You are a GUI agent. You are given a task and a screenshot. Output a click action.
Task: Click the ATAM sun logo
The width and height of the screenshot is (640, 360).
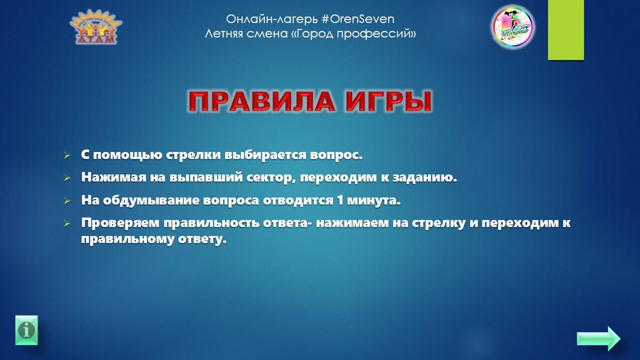point(95,27)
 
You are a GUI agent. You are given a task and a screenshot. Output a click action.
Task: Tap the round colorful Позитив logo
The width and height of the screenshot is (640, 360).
point(513,27)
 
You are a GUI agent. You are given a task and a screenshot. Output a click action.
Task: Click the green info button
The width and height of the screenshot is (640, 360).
point(27,330)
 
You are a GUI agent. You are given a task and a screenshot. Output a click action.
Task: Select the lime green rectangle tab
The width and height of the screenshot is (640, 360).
point(566,30)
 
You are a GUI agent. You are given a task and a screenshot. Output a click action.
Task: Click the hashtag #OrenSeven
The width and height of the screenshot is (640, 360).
point(358,19)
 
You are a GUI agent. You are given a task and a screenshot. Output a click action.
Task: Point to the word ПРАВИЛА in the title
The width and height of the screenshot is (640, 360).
point(261,101)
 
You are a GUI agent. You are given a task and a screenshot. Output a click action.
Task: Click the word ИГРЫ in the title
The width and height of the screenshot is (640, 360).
point(388,101)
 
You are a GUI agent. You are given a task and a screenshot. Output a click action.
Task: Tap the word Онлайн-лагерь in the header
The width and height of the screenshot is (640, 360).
point(271,20)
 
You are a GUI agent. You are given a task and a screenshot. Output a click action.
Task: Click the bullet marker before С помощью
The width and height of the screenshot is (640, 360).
point(67,156)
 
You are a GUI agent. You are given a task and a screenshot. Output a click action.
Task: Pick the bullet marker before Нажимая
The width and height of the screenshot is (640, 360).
point(67,178)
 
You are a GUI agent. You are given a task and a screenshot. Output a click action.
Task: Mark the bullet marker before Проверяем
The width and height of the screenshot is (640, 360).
point(67,223)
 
